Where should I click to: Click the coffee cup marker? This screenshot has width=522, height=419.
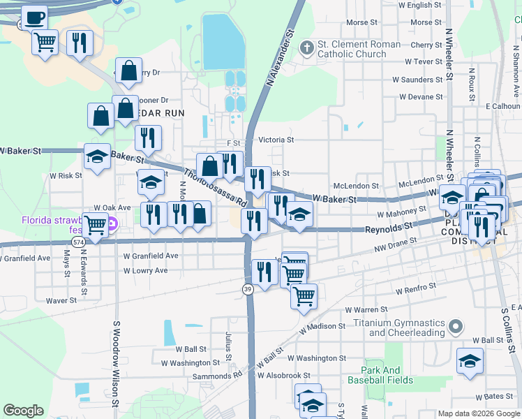coord(35,17)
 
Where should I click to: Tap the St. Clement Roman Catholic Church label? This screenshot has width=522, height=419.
coord(359,49)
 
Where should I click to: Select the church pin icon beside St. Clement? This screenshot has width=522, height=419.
coord(306,48)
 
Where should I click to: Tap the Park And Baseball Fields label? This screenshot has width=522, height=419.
coord(387,375)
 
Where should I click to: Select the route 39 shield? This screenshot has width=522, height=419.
coord(248,289)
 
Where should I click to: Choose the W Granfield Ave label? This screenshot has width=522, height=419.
coord(146,256)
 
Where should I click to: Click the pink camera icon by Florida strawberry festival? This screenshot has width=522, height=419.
coord(112,226)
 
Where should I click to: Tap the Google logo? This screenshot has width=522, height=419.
coord(23,410)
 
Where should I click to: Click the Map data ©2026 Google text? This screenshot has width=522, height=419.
coord(477,413)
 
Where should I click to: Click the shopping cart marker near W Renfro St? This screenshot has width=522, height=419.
coord(304,296)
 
